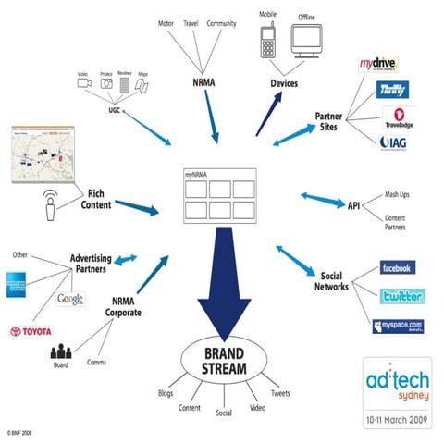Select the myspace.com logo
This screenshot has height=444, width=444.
pyautogui.click(x=397, y=326)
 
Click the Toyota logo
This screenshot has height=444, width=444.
pyautogui.click(x=31, y=331)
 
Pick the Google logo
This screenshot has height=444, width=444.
pyautogui.click(x=69, y=298)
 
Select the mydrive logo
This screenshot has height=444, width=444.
pyautogui.click(x=378, y=66)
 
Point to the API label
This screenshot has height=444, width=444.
pyautogui.click(x=353, y=204)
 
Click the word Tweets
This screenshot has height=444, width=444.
pyautogui.click(x=280, y=393)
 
